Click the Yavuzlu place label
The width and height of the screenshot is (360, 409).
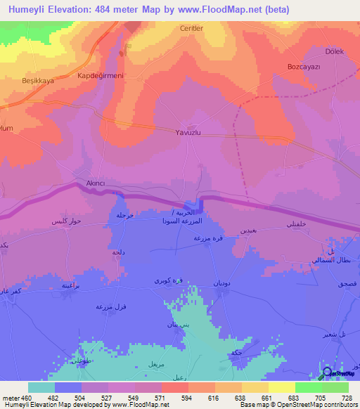pos(188,131)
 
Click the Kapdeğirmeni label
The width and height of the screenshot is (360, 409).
pos(100,75)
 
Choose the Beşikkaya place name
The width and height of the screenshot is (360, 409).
pos(28,81)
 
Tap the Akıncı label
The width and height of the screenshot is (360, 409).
pos(95,182)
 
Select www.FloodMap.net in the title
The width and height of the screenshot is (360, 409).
pos(223,10)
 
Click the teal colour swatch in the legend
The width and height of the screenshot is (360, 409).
pos(41,387)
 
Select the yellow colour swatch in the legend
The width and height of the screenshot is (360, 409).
pos(281,387)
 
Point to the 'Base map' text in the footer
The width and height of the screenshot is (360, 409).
pos(252,404)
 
